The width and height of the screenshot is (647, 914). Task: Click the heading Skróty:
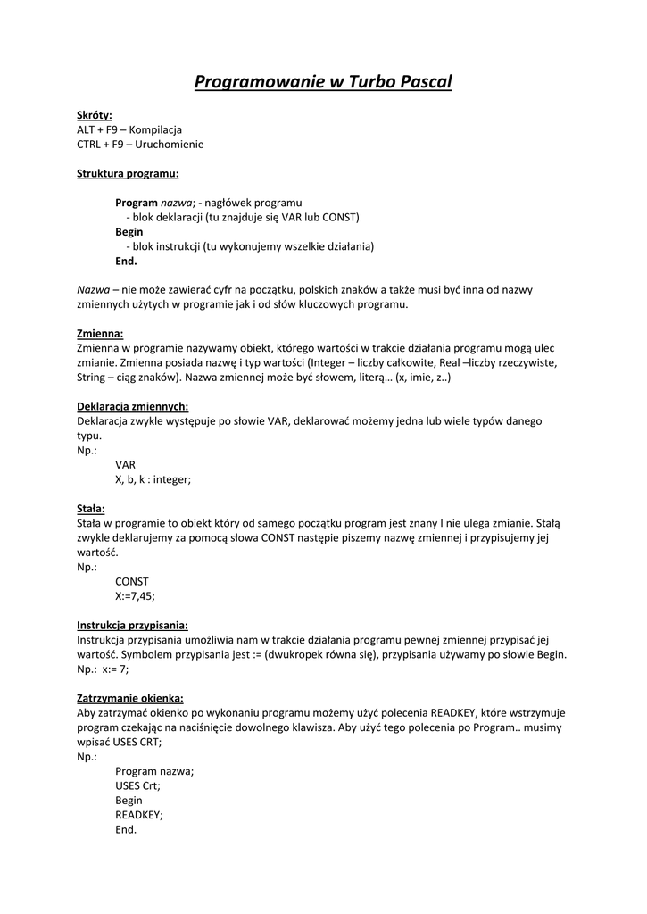[x=95, y=115]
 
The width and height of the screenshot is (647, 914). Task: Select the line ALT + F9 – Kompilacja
[x=129, y=129]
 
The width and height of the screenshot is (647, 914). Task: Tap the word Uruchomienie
[x=170, y=144]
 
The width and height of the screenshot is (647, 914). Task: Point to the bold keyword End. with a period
[x=126, y=261]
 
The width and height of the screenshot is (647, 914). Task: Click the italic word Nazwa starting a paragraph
[x=93, y=290]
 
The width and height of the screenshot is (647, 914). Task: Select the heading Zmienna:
[x=100, y=334]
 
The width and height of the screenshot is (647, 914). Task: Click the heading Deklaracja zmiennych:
[x=132, y=406]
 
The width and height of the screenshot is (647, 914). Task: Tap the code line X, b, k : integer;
[x=153, y=479]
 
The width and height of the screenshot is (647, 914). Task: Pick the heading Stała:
[x=91, y=508]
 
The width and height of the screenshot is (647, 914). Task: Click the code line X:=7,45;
[x=141, y=595]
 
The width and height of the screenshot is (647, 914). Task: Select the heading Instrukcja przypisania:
[x=132, y=625]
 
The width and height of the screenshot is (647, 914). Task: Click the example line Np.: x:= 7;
[x=103, y=669]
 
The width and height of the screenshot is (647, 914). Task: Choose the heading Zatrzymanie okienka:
[x=130, y=698]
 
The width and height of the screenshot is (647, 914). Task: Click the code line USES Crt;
[x=138, y=785]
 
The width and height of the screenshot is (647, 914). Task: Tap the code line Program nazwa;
[x=154, y=771]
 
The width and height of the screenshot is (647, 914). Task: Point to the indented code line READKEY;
[x=139, y=815]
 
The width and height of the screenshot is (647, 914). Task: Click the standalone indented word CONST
[x=132, y=581]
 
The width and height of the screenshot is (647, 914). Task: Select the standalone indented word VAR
[x=125, y=464]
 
